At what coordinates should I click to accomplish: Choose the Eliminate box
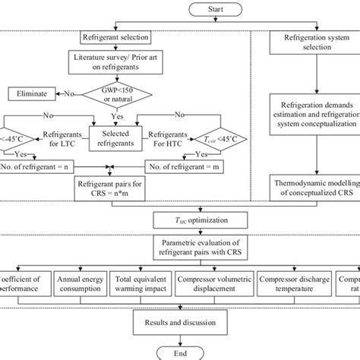point(32,94)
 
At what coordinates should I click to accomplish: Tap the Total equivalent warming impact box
point(141,286)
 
